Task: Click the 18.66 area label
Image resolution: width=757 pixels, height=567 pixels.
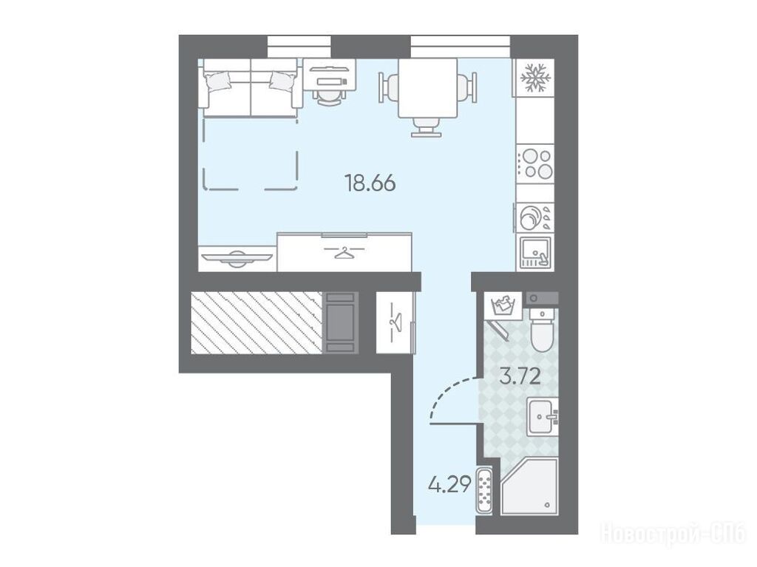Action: [x=370, y=183]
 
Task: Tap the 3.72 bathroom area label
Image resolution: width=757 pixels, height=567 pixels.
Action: [x=520, y=376]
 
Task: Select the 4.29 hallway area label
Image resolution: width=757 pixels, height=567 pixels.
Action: [x=449, y=484]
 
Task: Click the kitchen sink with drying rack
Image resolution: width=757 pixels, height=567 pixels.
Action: [x=535, y=253]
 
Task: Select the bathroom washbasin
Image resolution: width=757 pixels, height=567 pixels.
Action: [x=542, y=417]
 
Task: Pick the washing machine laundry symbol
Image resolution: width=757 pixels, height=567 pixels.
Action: [x=503, y=305]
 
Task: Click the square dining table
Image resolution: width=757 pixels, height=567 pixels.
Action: [x=427, y=89]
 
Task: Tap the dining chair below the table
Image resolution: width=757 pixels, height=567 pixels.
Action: [x=427, y=127]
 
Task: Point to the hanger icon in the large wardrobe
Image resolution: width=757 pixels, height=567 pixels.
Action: [x=344, y=252]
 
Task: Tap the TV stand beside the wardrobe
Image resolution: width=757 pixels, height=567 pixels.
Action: [x=237, y=259]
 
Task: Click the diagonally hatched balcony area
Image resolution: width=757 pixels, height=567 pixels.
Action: [x=257, y=322]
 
